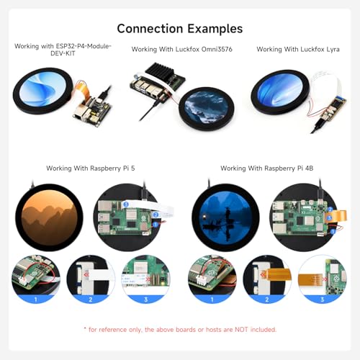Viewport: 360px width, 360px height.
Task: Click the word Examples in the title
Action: pos(215,29)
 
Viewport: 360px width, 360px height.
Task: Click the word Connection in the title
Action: pos(150,29)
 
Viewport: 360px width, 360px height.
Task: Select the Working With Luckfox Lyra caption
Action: pos(298,50)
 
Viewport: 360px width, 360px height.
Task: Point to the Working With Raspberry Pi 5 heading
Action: pos(91,168)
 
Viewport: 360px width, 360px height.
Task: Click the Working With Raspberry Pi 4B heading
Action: pos(267,168)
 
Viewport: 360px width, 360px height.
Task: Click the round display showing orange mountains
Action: pos(49,217)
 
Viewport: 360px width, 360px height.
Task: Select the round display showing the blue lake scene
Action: pos(225,217)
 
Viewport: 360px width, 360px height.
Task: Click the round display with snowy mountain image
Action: pos(207,109)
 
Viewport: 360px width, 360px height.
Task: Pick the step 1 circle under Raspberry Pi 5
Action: pos(36,279)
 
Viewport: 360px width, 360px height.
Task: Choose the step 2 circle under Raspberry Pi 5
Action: pos(91,279)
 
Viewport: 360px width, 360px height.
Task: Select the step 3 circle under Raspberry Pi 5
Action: pos(146,279)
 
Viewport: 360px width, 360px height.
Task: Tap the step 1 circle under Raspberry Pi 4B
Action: pos(212,279)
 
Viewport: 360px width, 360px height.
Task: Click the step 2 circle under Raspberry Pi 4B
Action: pos(267,279)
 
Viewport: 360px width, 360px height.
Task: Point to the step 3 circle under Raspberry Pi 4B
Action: pos(323,279)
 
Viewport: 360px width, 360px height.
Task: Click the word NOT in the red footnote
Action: pos(241,330)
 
